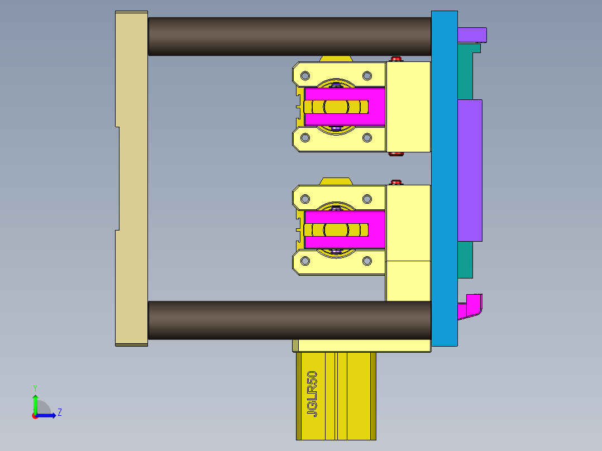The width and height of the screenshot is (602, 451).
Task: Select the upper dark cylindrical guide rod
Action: tap(289, 36)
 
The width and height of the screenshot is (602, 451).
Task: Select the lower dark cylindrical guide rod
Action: tap(289, 320)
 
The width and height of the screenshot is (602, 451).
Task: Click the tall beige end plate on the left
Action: tap(131, 179)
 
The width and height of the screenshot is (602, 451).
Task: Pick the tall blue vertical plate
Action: tap(444, 179)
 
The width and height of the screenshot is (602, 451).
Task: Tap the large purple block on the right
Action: tap(470, 170)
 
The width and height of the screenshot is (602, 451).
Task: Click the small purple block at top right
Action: tap(472, 35)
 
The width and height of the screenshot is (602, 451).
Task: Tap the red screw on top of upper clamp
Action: tap(396, 59)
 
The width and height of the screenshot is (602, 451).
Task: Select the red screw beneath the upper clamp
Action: tap(396, 154)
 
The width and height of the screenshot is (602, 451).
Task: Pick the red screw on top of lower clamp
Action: tap(396, 182)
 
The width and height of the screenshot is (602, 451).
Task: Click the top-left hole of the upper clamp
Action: tap(305, 75)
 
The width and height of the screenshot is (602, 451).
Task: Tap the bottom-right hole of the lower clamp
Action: tap(367, 261)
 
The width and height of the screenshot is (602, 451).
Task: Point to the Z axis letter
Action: tap(59, 412)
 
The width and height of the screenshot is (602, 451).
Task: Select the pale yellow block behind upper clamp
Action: tap(408, 106)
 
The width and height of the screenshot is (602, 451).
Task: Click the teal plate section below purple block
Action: tap(465, 260)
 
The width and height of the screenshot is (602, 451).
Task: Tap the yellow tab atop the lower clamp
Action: tap(337, 181)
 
